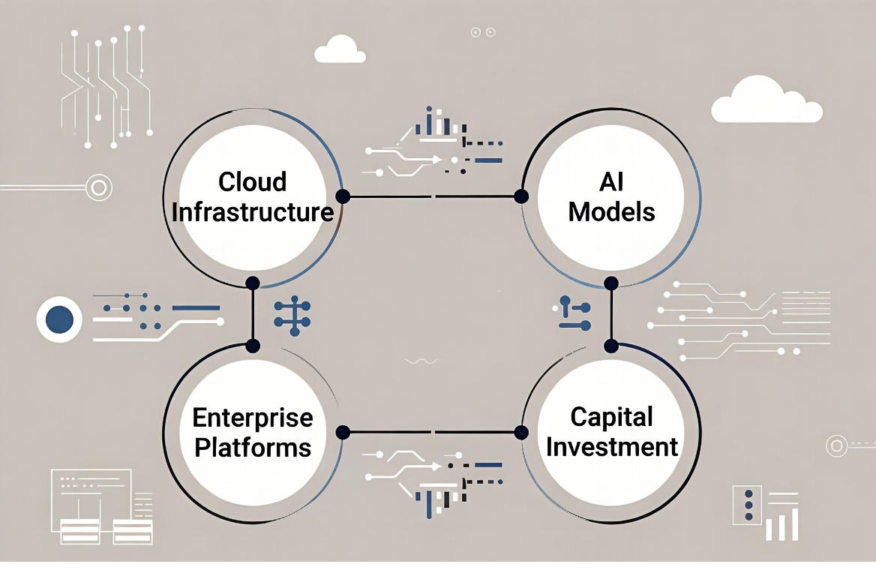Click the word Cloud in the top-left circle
(x=252, y=181)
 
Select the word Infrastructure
(x=252, y=212)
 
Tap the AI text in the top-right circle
(x=611, y=181)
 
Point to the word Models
(x=611, y=212)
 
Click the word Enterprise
(x=252, y=417)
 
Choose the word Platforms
(x=252, y=448)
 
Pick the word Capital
(x=611, y=417)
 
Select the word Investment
(x=611, y=448)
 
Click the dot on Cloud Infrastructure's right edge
(x=343, y=196)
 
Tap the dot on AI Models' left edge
(x=521, y=196)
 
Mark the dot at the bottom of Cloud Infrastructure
(x=253, y=283)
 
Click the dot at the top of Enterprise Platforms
(x=253, y=346)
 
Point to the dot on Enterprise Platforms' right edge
(x=343, y=432)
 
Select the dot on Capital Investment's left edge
(x=521, y=432)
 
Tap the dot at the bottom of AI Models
(x=611, y=283)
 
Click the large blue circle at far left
(x=59, y=320)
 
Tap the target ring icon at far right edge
(x=837, y=445)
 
